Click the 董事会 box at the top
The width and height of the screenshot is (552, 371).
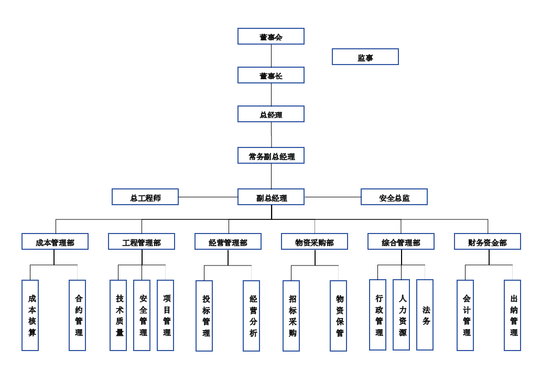click(270, 36)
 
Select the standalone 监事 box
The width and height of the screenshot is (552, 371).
click(365, 57)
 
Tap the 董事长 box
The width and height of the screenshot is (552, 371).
click(270, 75)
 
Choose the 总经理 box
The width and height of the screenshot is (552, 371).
click(270, 114)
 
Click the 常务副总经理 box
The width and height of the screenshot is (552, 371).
click(270, 155)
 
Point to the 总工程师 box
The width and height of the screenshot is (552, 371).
click(145, 197)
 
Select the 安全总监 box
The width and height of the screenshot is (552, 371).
click(394, 197)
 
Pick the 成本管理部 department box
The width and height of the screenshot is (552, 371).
click(55, 241)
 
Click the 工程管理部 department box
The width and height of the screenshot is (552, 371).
click(142, 241)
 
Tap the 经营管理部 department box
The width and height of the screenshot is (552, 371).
click(228, 241)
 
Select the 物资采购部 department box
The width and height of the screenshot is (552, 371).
click(315, 241)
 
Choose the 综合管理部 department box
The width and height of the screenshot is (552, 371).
click(401, 241)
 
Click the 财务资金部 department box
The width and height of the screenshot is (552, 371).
click(488, 241)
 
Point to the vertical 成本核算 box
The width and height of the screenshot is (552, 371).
click(30, 315)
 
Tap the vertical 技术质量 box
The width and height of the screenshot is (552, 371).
click(118, 315)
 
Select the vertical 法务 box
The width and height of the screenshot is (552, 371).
click(425, 314)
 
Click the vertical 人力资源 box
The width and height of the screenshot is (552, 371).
click(402, 314)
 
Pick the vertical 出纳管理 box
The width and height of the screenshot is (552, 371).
click(513, 315)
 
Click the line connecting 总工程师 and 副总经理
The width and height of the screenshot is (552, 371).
click(208, 197)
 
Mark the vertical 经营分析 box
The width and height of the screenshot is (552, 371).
click(252, 315)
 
